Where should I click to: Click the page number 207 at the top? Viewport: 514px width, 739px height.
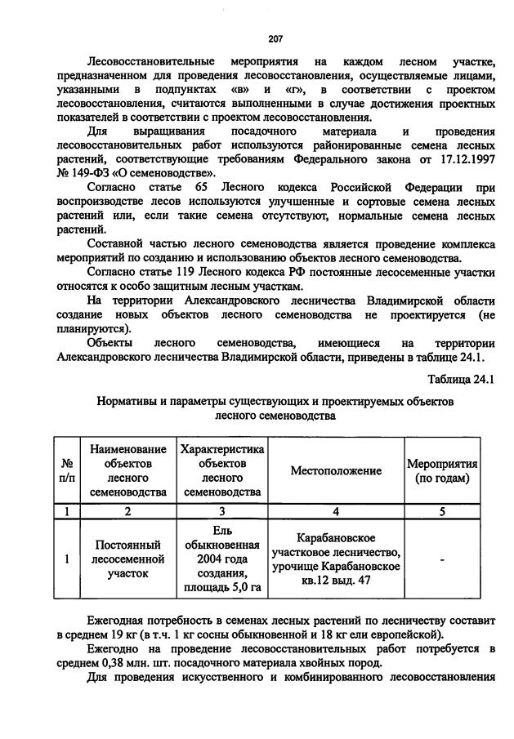pos(275,38)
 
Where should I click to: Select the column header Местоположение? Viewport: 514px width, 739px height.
pos(336,471)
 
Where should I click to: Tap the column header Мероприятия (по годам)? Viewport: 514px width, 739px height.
pos(442,471)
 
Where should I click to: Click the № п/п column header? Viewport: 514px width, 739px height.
pos(64,471)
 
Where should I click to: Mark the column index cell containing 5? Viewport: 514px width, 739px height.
pos(442,512)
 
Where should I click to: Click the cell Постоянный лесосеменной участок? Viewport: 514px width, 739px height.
pos(127,559)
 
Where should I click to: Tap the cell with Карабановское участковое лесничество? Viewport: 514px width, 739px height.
pos(336,559)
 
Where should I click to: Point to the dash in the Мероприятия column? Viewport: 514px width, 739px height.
pos(442,559)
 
